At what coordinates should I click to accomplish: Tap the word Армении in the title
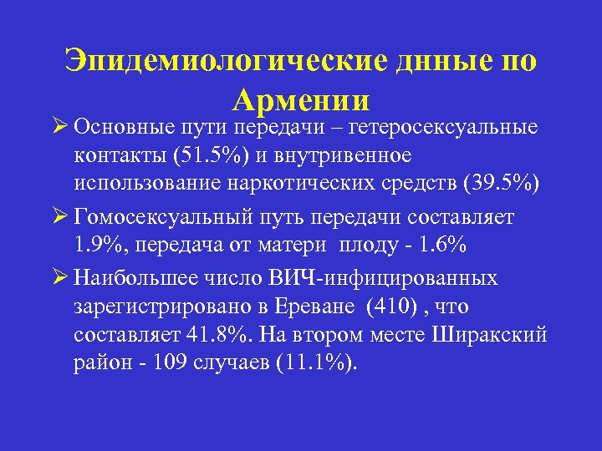[x=301, y=101]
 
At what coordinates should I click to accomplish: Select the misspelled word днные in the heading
[x=442, y=63]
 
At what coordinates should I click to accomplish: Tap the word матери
[x=297, y=248]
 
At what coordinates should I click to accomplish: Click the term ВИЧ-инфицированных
[x=404, y=278]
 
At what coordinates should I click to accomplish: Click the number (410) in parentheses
[x=387, y=308]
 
